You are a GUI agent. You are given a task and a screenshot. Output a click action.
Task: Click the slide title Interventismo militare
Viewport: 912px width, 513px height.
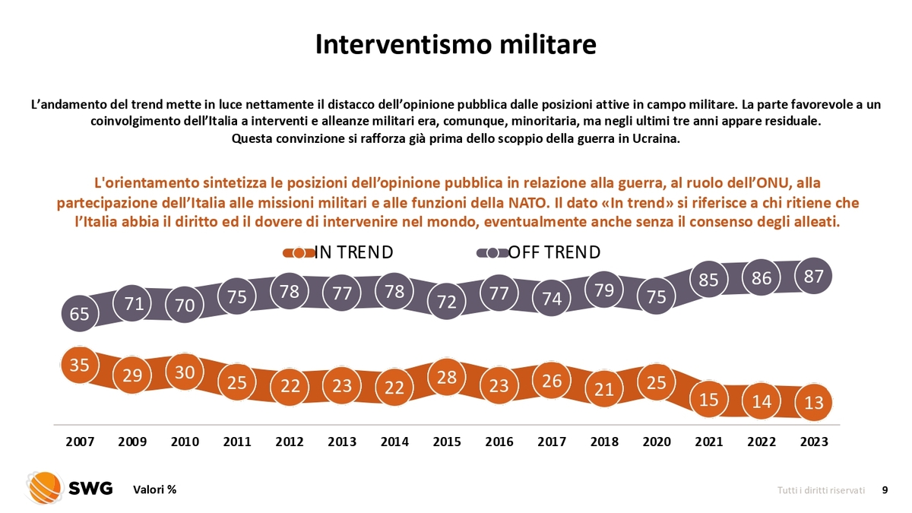pyautogui.click(x=455, y=43)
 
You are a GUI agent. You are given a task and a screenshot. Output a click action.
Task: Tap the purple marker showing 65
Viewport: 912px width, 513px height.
pyautogui.click(x=80, y=313)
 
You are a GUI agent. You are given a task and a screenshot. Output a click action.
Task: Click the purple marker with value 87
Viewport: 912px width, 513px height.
pyautogui.click(x=814, y=277)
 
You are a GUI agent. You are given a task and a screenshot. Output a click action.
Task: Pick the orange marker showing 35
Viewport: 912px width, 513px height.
pyautogui.click(x=80, y=365)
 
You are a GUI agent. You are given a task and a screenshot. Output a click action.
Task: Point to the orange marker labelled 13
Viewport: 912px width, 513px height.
pyautogui.click(x=814, y=402)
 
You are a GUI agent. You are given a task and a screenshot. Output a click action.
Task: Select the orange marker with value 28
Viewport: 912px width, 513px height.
pyautogui.click(x=447, y=376)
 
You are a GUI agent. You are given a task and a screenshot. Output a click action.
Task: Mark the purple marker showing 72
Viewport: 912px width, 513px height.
pyautogui.click(x=447, y=302)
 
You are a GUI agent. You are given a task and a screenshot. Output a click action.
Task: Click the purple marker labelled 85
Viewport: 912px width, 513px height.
pyautogui.click(x=709, y=280)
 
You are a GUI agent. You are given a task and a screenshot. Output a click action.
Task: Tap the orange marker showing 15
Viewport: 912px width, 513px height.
pyautogui.click(x=709, y=399)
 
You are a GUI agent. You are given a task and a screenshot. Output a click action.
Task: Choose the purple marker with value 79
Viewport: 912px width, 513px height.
pyautogui.click(x=604, y=290)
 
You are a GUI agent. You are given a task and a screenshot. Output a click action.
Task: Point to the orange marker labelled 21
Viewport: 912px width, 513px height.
pyautogui.click(x=604, y=388)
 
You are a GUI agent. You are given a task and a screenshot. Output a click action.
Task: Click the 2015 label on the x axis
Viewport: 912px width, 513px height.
pyautogui.click(x=447, y=442)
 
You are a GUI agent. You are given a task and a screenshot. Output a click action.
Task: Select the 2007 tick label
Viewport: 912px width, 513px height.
pyautogui.click(x=80, y=442)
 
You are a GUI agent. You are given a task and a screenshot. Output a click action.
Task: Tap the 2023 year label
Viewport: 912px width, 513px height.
pyautogui.click(x=814, y=442)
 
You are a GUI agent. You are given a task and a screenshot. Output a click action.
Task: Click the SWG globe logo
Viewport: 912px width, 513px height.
pyautogui.click(x=44, y=488)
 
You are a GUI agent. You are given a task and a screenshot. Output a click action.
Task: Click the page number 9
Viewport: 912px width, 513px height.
pyautogui.click(x=884, y=490)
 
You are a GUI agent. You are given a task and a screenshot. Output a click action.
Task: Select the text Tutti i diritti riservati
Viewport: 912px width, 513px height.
pyautogui.click(x=821, y=490)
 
